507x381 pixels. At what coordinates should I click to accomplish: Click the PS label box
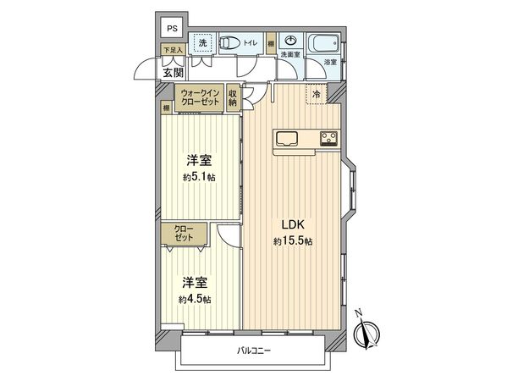click(172, 28)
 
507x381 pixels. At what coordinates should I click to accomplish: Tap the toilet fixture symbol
click(231, 42)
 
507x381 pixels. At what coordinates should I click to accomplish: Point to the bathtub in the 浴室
click(325, 42)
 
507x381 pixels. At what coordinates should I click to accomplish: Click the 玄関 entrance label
click(172, 71)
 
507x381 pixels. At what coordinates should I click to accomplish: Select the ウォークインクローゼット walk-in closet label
click(199, 98)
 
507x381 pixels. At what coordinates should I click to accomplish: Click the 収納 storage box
click(232, 97)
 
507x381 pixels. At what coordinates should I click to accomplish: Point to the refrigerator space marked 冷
click(315, 96)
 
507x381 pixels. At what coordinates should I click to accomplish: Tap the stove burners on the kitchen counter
click(328, 138)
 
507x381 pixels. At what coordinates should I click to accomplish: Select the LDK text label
click(293, 225)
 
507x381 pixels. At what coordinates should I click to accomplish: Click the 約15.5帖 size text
click(293, 241)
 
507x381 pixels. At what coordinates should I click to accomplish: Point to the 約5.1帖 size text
click(200, 177)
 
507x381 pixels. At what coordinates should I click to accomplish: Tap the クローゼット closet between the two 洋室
click(184, 234)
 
